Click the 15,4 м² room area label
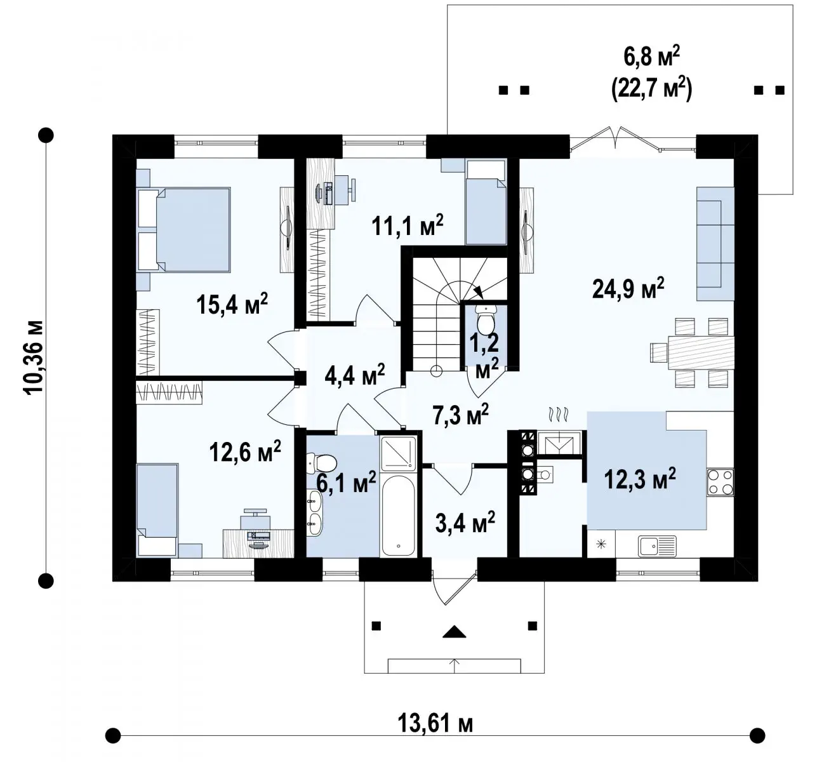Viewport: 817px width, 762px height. coord(232,304)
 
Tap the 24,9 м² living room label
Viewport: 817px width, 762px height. coord(628,288)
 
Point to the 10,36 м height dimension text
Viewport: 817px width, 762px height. coord(34,358)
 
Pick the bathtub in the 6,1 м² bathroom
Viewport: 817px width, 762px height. coord(398,515)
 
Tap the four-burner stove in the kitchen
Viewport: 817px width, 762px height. coord(720,482)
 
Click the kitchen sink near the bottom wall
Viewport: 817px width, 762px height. coord(657,546)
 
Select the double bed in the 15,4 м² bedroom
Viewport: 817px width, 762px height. coord(184,229)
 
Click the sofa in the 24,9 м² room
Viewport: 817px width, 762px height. coord(715,244)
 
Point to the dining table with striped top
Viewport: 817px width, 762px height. coord(701,352)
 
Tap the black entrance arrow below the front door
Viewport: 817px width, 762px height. coord(454,631)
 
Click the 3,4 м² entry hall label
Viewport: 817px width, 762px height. coord(465,521)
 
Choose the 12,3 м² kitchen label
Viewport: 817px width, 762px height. coord(640,478)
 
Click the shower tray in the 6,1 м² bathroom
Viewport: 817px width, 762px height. coord(399,453)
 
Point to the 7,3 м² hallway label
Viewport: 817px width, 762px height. coord(460,414)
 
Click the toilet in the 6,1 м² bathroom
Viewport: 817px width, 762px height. coord(322,464)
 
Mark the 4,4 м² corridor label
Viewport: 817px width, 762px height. coord(355,375)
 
